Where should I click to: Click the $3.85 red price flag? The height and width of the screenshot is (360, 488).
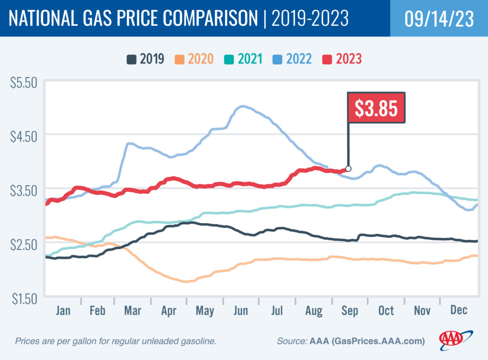tap(376, 107)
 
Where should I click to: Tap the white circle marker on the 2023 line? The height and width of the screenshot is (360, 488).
tap(348, 169)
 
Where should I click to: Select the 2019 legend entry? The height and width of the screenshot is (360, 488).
tap(146, 59)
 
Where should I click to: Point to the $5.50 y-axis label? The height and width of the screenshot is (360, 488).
tap(23, 83)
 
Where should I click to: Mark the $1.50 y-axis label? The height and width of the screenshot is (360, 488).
tap(23, 299)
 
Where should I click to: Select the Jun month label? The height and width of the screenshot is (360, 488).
tap(241, 310)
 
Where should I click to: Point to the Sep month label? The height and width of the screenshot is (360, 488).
tap(349, 310)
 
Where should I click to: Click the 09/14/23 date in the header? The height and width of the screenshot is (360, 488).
tap(439, 19)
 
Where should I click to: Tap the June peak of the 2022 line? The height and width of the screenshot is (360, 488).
tap(243, 106)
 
